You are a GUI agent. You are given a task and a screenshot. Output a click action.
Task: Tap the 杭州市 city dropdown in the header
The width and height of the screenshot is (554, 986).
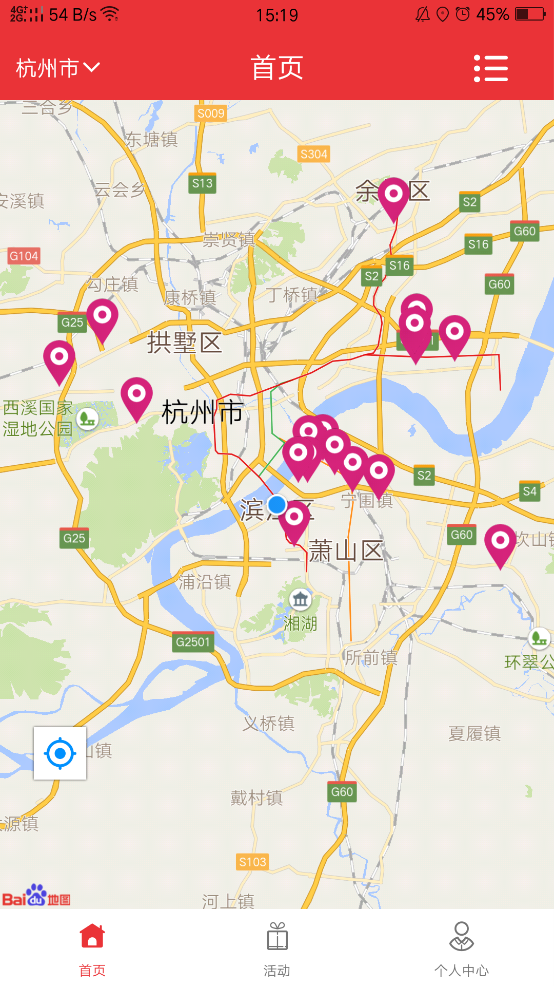(57, 68)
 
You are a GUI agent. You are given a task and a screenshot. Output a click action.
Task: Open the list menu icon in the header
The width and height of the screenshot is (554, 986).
(490, 68)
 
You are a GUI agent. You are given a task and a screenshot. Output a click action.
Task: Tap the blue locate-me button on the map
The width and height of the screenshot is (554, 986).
(60, 753)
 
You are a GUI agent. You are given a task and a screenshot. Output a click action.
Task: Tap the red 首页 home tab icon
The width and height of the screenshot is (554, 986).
(92, 936)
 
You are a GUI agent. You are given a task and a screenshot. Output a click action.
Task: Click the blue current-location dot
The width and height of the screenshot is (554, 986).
(277, 505)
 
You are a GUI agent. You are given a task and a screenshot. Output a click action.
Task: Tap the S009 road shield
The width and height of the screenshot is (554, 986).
(211, 113)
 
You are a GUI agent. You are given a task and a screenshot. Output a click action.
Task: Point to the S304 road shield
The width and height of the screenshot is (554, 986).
(313, 154)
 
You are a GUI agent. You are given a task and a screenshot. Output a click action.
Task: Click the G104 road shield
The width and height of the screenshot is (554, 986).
(24, 256)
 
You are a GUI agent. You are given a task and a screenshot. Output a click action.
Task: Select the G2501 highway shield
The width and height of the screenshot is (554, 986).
(193, 642)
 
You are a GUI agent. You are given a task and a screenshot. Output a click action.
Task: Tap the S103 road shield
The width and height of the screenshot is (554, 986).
(252, 862)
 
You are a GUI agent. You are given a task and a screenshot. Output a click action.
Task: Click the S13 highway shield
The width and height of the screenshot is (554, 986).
(202, 183)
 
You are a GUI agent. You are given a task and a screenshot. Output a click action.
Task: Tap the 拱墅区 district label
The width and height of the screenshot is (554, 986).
(184, 343)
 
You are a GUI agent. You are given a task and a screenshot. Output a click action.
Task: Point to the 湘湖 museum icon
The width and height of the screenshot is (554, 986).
(301, 599)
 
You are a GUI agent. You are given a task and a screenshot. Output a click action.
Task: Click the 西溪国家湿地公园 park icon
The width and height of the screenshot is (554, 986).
(88, 419)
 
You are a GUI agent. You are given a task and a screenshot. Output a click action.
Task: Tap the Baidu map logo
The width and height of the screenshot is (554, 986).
(36, 896)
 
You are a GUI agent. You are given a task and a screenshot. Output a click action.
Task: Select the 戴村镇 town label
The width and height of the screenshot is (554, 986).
(256, 798)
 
